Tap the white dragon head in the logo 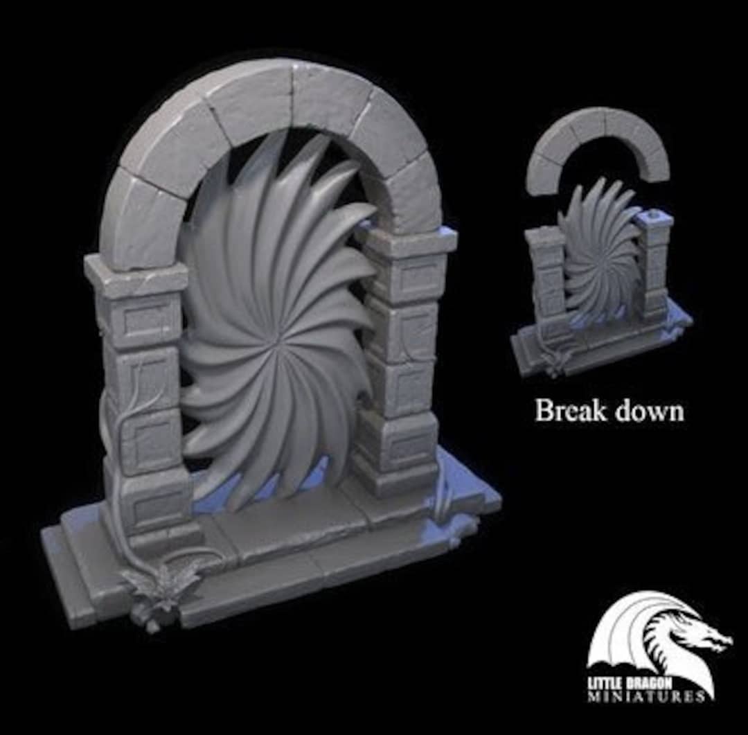(x=693, y=634)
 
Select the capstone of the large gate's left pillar (x=136, y=275)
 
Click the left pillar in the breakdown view (x=547, y=277)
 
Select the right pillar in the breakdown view (x=654, y=263)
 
